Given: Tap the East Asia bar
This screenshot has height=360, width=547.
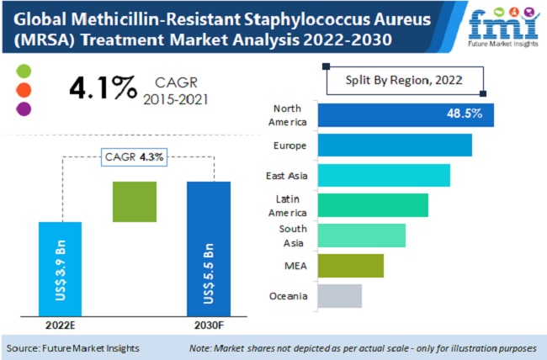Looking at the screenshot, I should tap(383, 176).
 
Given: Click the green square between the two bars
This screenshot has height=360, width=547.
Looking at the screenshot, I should tap(134, 202).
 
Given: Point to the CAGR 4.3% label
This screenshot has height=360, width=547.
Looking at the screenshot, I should tap(135, 156).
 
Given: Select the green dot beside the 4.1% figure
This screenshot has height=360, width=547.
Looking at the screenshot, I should tap(24, 70).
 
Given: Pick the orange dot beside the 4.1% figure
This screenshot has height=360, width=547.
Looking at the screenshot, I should tap(24, 89).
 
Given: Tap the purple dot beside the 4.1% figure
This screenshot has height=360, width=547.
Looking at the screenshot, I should tap(24, 108).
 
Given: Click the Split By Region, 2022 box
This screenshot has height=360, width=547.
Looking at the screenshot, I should tap(404, 81).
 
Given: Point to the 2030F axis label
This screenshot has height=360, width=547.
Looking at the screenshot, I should tap(208, 326).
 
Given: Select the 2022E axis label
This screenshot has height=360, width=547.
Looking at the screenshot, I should tap(60, 326).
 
